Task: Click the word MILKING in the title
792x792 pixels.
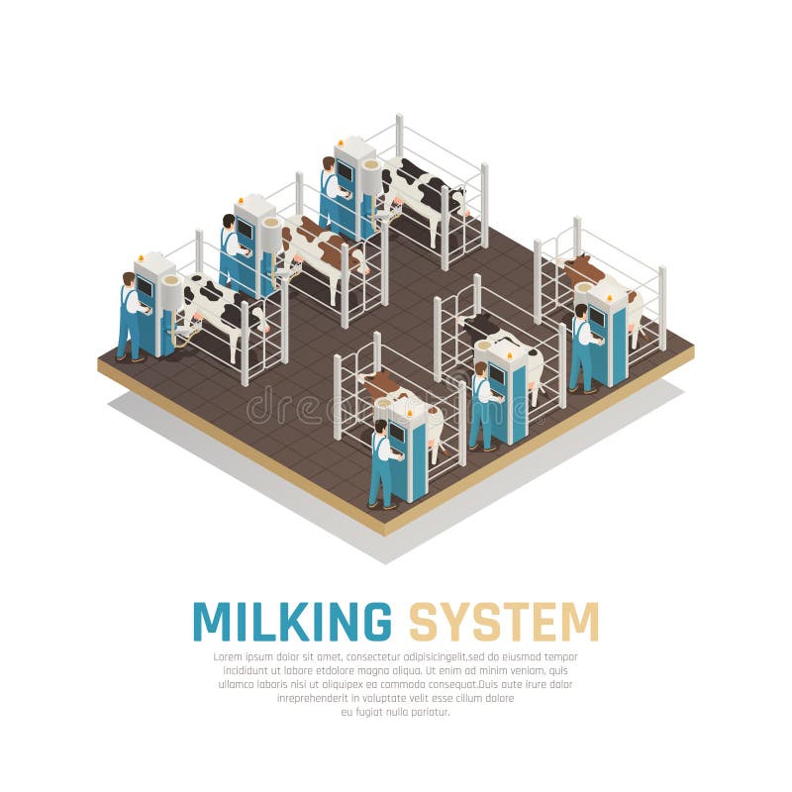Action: [x=291, y=621]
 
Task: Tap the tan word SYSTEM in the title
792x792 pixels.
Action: [x=504, y=621]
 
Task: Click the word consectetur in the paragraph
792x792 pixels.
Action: [x=367, y=657]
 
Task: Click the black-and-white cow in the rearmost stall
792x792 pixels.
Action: [x=421, y=188]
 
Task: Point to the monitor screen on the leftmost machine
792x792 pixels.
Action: [x=145, y=287]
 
